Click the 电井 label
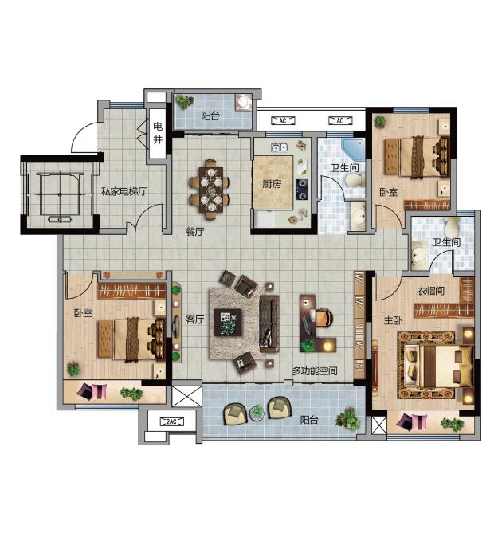(158, 133)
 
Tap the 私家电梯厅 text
(124, 191)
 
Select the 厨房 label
(272, 184)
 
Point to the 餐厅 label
(195, 232)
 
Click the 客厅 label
(195, 319)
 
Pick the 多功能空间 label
(315, 370)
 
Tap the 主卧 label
(394, 320)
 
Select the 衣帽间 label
(430, 291)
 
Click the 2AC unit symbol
(172, 421)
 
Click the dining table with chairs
(210, 190)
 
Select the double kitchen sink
(280, 147)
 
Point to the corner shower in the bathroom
(353, 150)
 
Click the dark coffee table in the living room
(228, 322)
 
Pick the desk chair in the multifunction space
(323, 317)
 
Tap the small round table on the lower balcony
(257, 413)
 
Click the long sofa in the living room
(269, 323)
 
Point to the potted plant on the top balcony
(185, 101)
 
